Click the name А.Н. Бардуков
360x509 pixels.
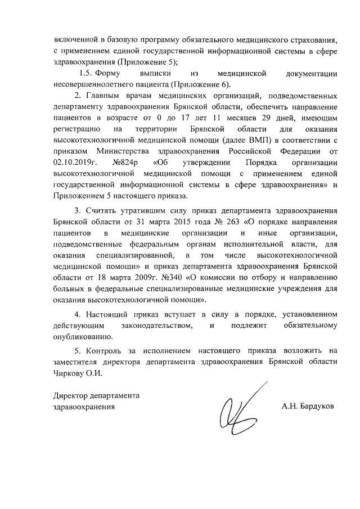pyautogui.click(x=308, y=406)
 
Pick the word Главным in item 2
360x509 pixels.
pyautogui.click(x=104, y=95)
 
